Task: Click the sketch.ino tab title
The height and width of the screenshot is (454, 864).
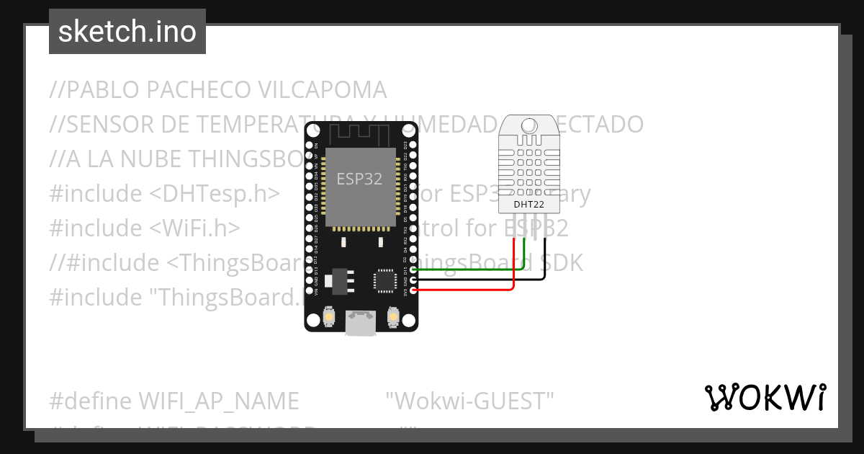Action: tap(127, 32)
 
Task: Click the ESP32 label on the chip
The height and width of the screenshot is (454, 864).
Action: tap(359, 179)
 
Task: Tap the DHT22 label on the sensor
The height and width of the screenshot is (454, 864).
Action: tap(528, 205)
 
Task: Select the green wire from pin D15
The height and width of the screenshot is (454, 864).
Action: tap(468, 270)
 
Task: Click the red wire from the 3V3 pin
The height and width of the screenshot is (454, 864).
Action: tap(468, 290)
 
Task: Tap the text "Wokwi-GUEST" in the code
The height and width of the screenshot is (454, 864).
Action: tap(469, 400)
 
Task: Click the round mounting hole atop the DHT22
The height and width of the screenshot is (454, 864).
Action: tap(528, 124)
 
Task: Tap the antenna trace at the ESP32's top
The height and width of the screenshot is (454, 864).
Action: tap(360, 134)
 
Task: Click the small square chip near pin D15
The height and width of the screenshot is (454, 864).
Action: tap(384, 280)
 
